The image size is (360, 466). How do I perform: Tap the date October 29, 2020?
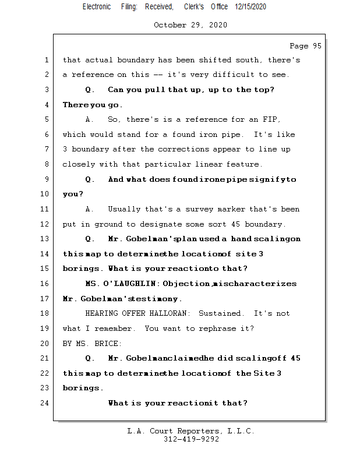click(190, 25)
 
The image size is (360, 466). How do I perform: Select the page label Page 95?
click(305, 46)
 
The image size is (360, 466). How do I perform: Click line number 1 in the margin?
click(47, 60)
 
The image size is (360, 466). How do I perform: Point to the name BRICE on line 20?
click(108, 344)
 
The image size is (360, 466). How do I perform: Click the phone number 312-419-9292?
click(191, 440)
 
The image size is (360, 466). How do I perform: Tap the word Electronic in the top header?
click(97, 6)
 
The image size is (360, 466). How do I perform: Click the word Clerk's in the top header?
click(194, 6)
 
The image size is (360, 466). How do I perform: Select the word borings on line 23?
click(82, 389)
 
